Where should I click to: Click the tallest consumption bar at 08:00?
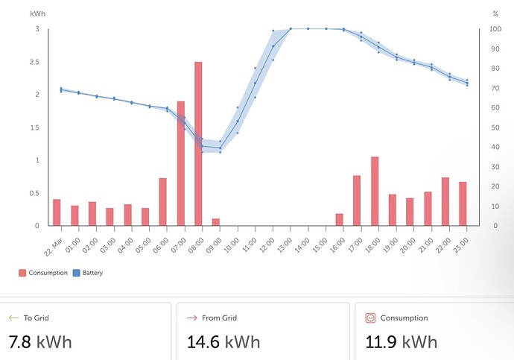tap(198, 143)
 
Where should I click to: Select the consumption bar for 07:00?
tap(180, 163)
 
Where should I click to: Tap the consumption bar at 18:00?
tap(375, 191)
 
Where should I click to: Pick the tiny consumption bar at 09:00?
tap(216, 222)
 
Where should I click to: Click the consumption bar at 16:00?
tap(340, 220)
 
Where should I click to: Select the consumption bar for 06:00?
tap(162, 201)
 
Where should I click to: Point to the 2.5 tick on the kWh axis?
tap(36, 62)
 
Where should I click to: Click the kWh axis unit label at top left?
tap(37, 14)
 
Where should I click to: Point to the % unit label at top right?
tap(495, 14)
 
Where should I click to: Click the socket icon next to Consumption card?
tap(370, 318)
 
